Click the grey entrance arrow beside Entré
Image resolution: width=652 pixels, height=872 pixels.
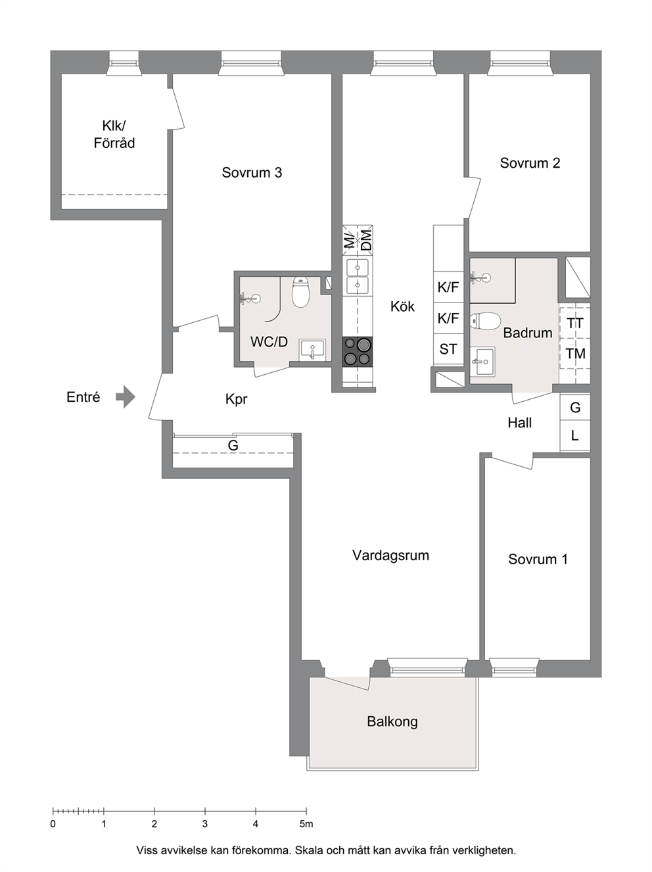pyautogui.click(x=126, y=397)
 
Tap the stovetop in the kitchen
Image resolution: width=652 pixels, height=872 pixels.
pyautogui.click(x=358, y=351)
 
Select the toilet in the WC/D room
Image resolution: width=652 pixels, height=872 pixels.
pyautogui.click(x=300, y=292)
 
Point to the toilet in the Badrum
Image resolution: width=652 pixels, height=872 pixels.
pyautogui.click(x=485, y=320)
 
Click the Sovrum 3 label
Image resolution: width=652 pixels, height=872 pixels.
pyautogui.click(x=252, y=172)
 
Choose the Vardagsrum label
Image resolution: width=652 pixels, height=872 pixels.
pyautogui.click(x=390, y=555)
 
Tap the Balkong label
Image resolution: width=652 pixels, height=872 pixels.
pyautogui.click(x=392, y=721)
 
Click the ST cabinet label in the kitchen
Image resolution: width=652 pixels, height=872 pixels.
pyautogui.click(x=448, y=349)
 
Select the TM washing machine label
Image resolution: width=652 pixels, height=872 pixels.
pyautogui.click(x=575, y=353)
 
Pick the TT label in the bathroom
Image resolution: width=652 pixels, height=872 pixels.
pyautogui.click(x=575, y=324)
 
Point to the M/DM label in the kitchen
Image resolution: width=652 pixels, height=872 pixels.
pyautogui.click(x=358, y=239)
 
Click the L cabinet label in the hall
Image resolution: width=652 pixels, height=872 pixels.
pyautogui.click(x=575, y=436)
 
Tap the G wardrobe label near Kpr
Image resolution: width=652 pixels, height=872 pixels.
pyautogui.click(x=233, y=446)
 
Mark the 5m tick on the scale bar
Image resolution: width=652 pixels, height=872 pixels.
pyautogui.click(x=306, y=810)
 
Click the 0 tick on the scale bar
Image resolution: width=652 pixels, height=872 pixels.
pyautogui.click(x=53, y=810)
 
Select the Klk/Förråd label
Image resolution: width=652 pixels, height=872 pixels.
pyautogui.click(x=114, y=134)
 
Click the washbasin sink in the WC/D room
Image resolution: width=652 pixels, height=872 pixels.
pyautogui.click(x=312, y=350)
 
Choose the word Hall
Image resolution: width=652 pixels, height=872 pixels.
pyautogui.click(x=519, y=423)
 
